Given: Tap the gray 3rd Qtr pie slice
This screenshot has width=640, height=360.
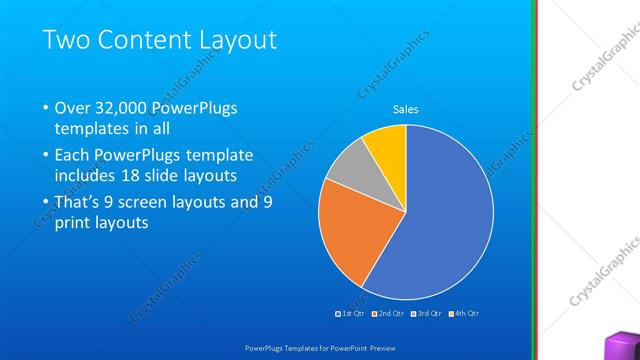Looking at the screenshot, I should [350, 169].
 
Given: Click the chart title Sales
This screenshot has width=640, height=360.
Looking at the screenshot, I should [405, 109].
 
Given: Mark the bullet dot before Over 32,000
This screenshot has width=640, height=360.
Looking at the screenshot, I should [45, 109].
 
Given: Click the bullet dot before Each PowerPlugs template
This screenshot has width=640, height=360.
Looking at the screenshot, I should [45, 156].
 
